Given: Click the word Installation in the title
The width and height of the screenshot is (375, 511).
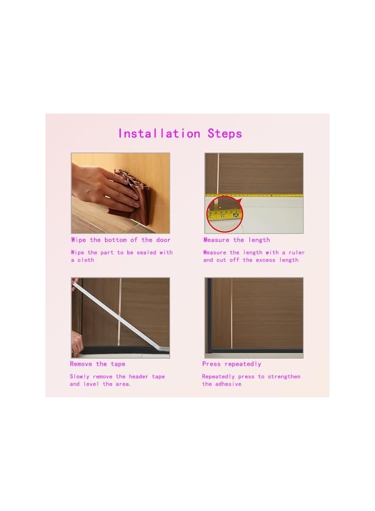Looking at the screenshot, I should [159, 134].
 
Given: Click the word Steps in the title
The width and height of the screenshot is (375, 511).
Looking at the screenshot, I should [224, 134].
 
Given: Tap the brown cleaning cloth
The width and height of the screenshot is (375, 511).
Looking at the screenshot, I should [128, 193].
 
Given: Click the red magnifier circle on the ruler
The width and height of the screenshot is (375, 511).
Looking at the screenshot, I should [224, 213].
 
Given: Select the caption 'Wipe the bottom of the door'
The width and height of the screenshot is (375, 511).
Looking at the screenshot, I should [120, 240].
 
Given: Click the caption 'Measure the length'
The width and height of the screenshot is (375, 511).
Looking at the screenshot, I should [236, 240].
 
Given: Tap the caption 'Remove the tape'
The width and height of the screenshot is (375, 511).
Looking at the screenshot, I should [98, 364].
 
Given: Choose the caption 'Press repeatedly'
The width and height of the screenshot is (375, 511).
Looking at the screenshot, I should [232, 364].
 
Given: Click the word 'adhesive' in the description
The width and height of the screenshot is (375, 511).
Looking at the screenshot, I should [227, 384].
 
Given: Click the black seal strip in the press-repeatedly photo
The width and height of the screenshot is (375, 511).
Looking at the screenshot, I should [256, 351].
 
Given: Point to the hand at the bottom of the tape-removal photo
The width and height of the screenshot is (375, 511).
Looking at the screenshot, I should [77, 344].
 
